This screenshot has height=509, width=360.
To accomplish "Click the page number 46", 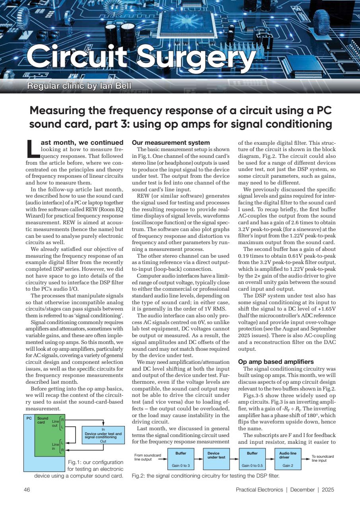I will coord(27,490).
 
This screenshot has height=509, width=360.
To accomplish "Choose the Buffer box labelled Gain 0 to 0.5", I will coord(252,458).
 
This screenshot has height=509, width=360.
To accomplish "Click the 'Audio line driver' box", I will coord(288,458).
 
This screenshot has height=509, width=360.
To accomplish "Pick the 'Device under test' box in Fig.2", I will coord(216,458).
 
